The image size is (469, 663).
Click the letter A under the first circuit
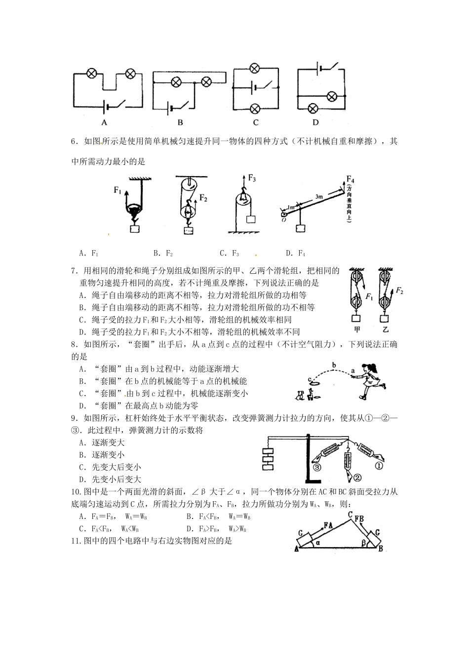point(104,122)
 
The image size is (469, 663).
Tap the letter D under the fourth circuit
point(315,122)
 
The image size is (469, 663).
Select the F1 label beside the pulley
point(117,190)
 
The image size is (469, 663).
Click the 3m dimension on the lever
point(319,197)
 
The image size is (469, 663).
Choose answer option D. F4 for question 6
point(295,254)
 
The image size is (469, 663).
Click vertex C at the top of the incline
point(350,515)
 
